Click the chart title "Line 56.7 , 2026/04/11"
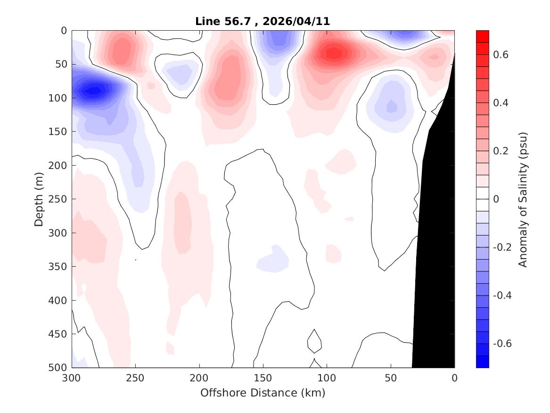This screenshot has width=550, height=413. tap(263, 21)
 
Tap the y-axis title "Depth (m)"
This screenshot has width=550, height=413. tap(40, 199)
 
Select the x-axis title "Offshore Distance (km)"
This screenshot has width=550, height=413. tap(263, 393)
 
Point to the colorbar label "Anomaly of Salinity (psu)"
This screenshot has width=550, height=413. tap(523, 199)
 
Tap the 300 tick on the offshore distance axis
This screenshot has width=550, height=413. tap(72, 378)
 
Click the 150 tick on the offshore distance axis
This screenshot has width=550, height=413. tap(263, 378)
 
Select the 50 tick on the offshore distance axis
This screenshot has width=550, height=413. tap(391, 378)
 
